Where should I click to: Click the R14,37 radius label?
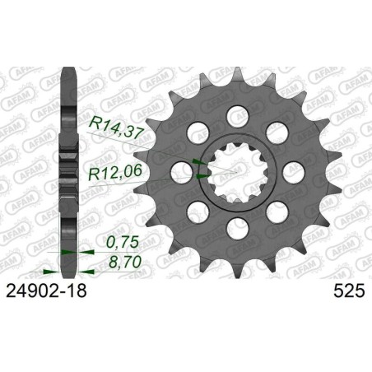116,125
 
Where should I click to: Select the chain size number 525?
340,291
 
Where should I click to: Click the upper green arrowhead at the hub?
195,161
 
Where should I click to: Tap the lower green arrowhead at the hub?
200,174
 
